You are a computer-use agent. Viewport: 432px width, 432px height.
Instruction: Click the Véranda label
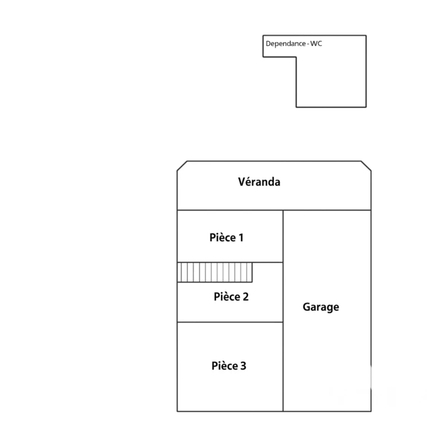[x=259, y=182]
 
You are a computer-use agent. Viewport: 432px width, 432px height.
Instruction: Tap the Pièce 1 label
[x=227, y=237]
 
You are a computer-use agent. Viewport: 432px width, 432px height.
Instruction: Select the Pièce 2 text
[x=231, y=297]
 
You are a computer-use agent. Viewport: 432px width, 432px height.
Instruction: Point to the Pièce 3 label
[x=229, y=366]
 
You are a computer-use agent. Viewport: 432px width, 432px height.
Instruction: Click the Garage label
[x=321, y=307]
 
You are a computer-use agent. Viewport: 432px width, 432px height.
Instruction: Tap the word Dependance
[x=286, y=43]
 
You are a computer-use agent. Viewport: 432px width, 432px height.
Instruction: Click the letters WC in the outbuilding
[x=316, y=43]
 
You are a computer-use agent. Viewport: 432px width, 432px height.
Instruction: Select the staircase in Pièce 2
[x=215, y=272]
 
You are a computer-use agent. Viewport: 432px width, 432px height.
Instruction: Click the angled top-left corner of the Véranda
[x=182, y=166]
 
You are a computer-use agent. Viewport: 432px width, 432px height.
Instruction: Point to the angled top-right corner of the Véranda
[x=366, y=166]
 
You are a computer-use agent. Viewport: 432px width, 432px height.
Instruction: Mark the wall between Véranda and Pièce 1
[x=230, y=210]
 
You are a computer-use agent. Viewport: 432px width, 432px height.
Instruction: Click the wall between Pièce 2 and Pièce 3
[x=230, y=322]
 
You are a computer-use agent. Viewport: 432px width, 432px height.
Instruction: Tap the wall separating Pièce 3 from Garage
[x=283, y=367]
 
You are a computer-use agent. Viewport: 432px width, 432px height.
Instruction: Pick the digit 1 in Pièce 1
[x=241, y=237]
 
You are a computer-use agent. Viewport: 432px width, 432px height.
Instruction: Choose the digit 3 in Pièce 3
[x=243, y=366]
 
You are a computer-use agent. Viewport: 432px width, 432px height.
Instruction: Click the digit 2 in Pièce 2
[x=245, y=297]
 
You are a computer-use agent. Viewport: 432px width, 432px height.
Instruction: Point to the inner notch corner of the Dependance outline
[x=296, y=57]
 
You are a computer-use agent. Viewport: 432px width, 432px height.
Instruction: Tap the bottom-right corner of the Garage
[x=371, y=411]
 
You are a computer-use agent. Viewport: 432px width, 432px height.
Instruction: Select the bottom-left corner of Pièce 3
[x=177, y=411]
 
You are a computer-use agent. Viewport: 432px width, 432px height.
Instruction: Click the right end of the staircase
[x=252, y=272]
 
